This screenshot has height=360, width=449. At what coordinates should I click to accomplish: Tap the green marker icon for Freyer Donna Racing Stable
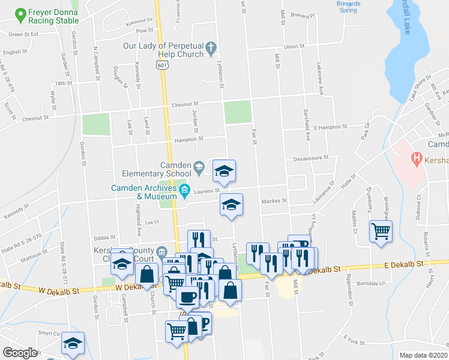click(21, 13)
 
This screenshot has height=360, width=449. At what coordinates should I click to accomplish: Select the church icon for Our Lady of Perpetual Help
click(211, 47)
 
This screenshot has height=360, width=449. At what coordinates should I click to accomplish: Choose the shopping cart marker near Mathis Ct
click(381, 230)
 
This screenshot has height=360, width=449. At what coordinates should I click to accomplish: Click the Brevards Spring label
click(348, 7)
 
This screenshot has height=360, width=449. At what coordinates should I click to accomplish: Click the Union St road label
click(294, 46)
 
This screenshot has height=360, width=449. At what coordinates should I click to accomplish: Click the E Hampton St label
click(331, 127)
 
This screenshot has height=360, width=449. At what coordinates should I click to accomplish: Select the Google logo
click(20, 353)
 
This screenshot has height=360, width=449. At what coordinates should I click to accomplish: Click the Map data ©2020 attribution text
click(423, 355)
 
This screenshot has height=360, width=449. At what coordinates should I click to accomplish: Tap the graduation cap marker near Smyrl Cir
click(73, 343)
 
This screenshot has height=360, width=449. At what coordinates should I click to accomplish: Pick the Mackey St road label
click(276, 201)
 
